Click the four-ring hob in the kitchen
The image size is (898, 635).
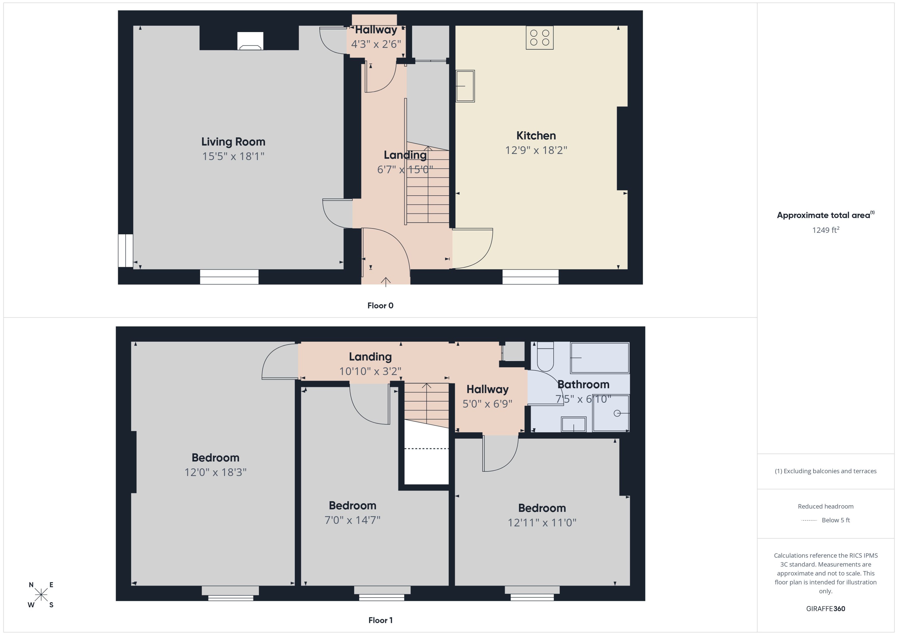click(540, 37)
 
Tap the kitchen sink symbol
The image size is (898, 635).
click(465, 86)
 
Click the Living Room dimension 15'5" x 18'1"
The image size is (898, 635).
click(233, 156)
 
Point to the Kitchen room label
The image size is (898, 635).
click(536, 136)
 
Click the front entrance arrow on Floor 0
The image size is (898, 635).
click(386, 281)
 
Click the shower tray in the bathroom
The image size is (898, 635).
click(611, 413)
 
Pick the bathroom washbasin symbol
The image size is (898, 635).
click(574, 424)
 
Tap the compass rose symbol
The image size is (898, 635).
click(41, 595)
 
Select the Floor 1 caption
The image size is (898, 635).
click(380, 620)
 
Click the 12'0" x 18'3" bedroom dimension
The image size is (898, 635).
click(216, 472)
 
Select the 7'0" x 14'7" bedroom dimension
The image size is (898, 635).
click(353, 520)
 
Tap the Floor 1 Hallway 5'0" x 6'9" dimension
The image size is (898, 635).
click(487, 404)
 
